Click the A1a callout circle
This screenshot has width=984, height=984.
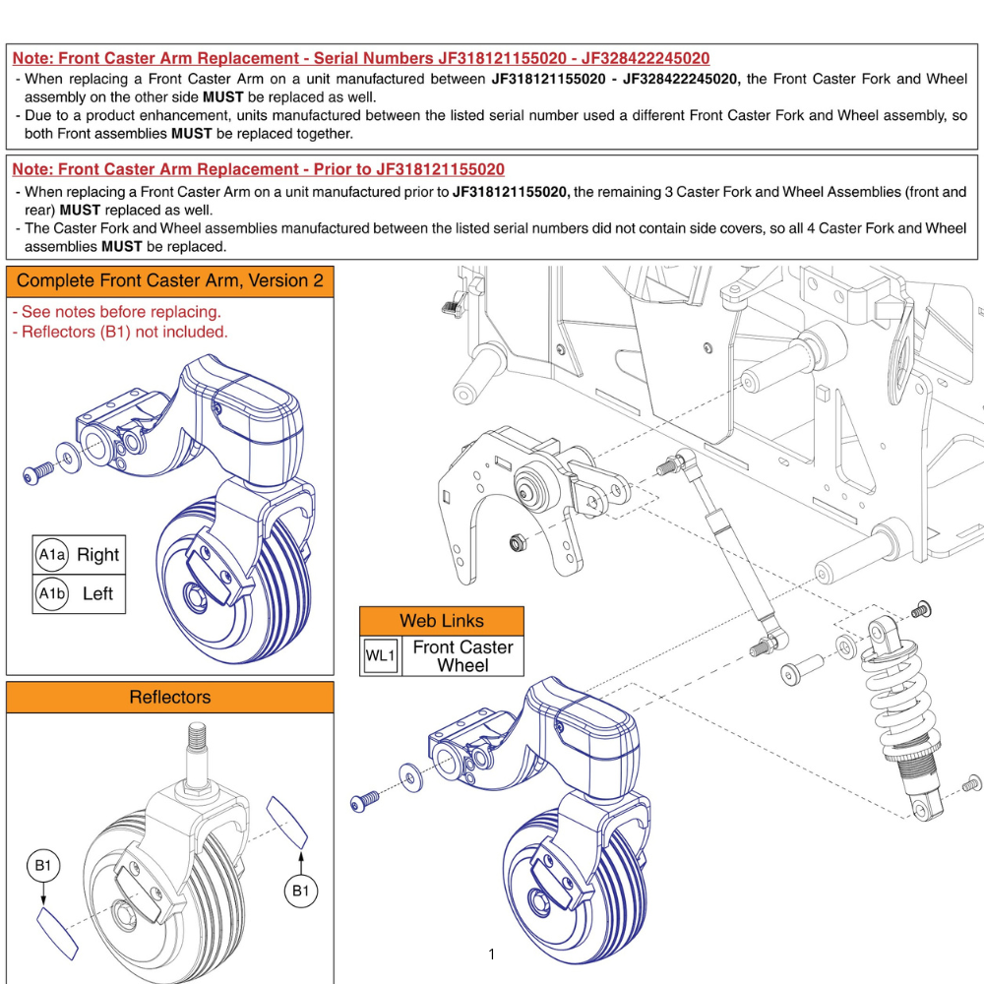[x=51, y=555]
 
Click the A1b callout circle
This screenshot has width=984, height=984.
[x=51, y=593]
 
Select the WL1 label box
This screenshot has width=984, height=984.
[x=380, y=655]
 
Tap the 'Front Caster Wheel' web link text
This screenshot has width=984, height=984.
[x=462, y=655]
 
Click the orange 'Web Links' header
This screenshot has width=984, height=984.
[x=442, y=621]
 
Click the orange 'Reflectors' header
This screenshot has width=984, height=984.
[x=169, y=698]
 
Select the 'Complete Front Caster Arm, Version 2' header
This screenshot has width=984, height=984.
[x=169, y=281]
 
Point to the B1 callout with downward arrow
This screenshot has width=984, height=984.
[x=42, y=866]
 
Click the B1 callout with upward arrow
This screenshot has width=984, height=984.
[x=301, y=892]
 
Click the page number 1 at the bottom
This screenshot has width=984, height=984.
[x=491, y=953]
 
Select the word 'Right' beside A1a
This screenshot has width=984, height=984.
[x=97, y=555]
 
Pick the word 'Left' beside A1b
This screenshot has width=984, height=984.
[x=97, y=593]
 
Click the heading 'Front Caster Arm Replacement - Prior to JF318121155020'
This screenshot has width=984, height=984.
[x=259, y=169]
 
